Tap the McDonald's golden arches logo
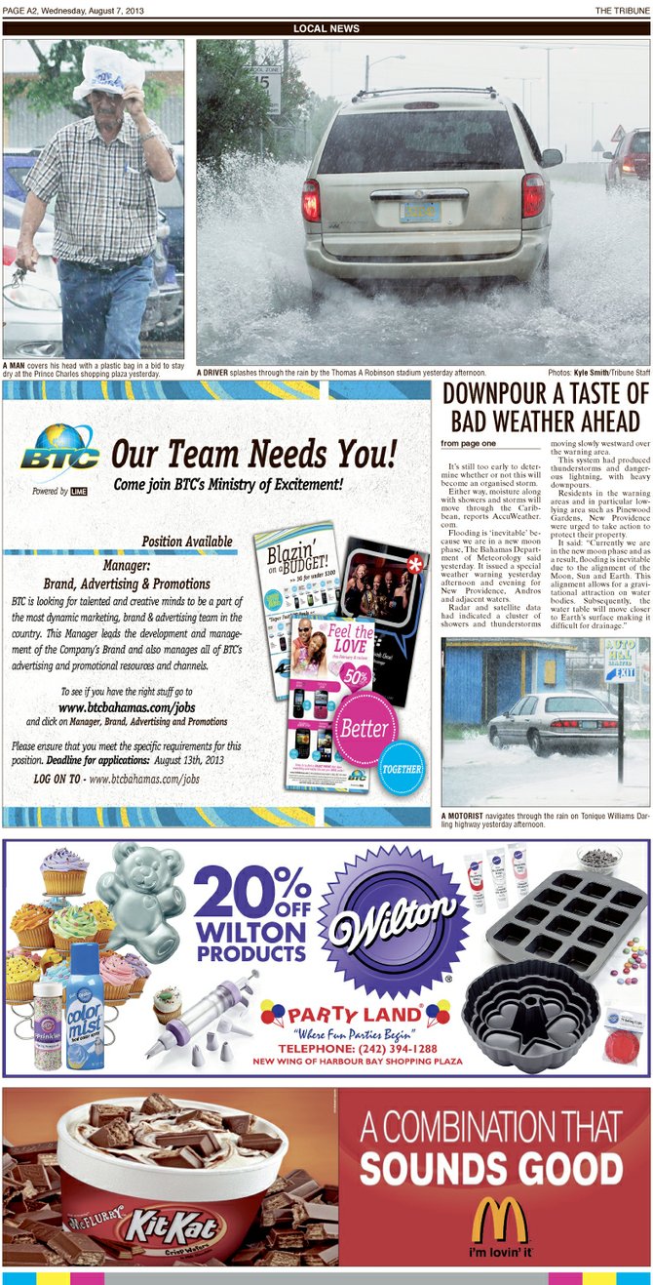click(499, 1221)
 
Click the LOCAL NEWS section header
click(326, 28)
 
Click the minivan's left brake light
click(312, 199)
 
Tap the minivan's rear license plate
click(420, 210)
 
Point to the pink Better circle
click(364, 728)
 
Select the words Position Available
click(187, 542)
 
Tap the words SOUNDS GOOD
click(490, 1167)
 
